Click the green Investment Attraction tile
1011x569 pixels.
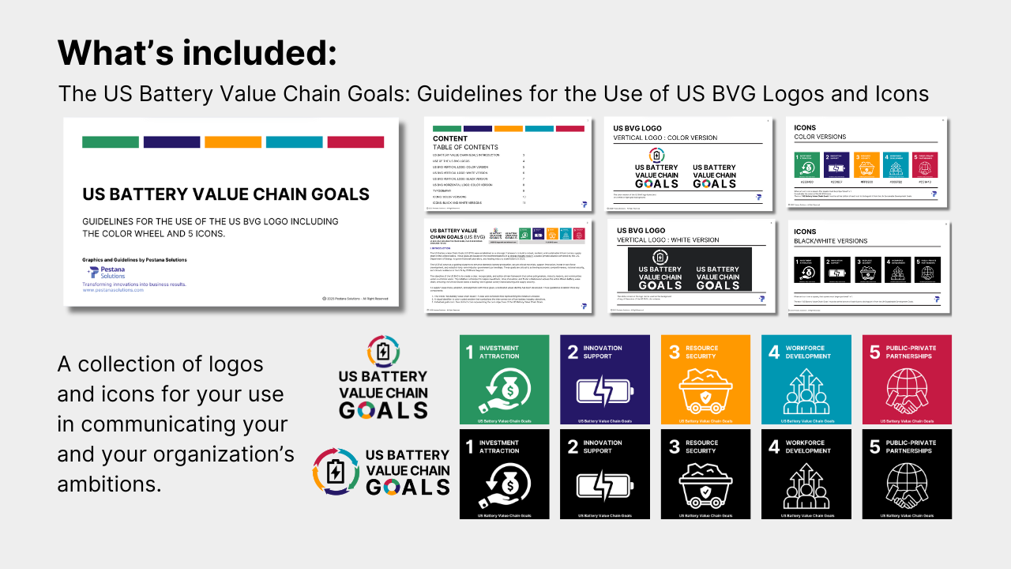[x=504, y=379]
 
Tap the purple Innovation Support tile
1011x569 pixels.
[x=605, y=379]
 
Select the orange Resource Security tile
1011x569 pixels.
[x=705, y=379]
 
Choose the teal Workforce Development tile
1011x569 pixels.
[x=806, y=379]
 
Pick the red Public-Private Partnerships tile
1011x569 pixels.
[x=907, y=379]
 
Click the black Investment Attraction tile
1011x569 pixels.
[x=504, y=474]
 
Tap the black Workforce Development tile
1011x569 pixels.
[x=806, y=474]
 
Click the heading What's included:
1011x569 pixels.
[x=197, y=52]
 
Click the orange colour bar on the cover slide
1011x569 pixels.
[x=233, y=142]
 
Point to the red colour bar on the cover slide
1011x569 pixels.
[x=355, y=142]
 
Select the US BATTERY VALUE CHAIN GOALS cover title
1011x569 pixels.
[x=226, y=194]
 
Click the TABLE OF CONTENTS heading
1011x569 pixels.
[x=465, y=147]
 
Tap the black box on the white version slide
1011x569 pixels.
[x=690, y=269]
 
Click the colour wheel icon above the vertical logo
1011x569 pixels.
[x=383, y=351]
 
